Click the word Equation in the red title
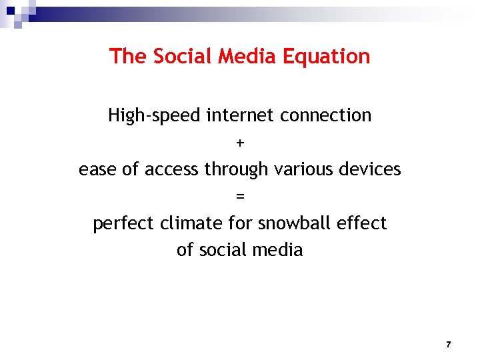point(327,57)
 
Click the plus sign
point(240,143)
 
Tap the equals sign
point(240,197)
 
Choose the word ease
point(98,170)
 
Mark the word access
point(172,170)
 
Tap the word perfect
point(123,223)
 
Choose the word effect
point(363,223)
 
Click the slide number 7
point(448,345)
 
